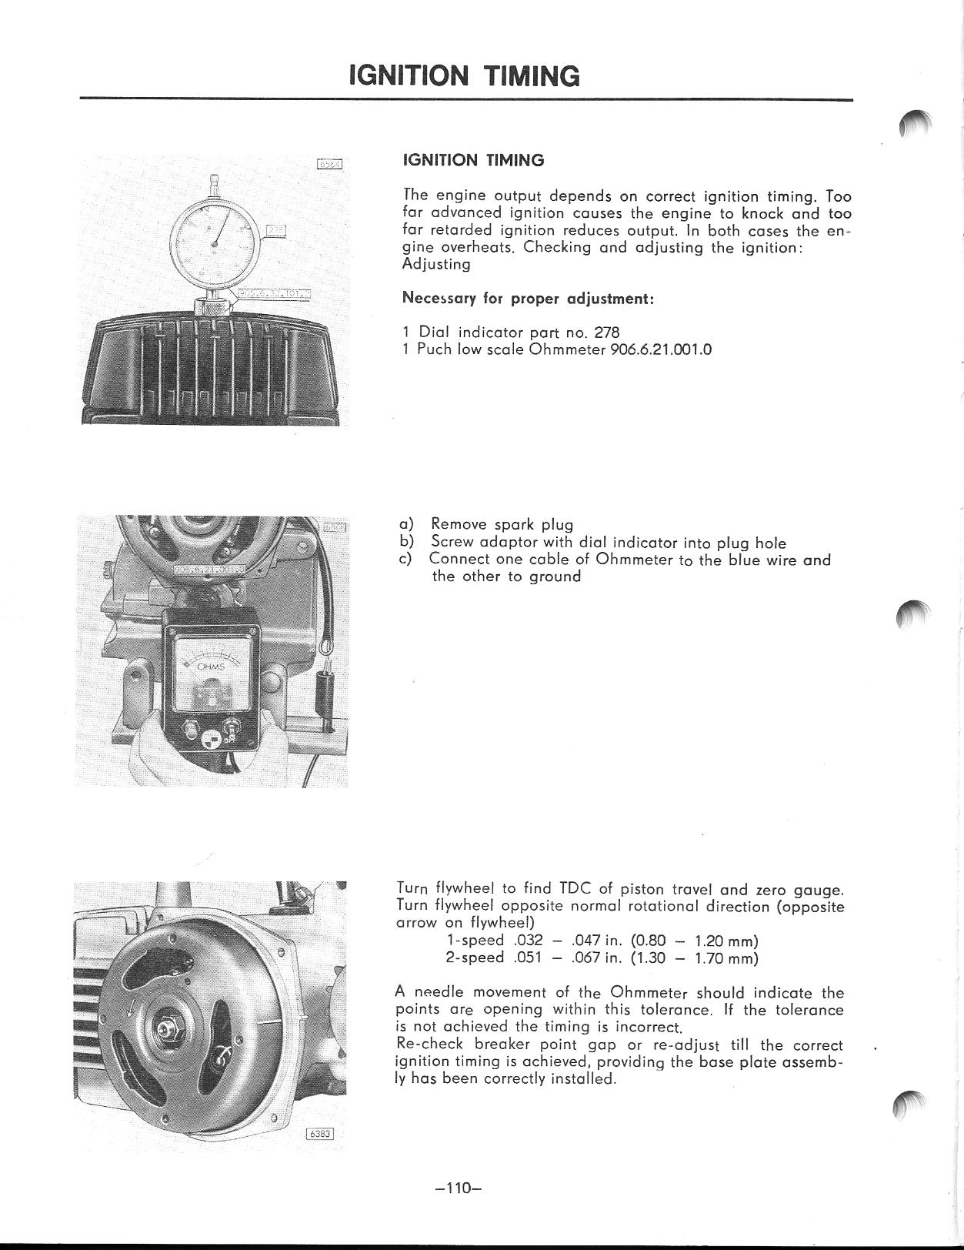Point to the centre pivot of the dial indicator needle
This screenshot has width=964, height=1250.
pos(215,244)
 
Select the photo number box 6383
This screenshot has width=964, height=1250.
pos(321,1133)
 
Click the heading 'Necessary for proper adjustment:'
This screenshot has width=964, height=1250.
pos(528,299)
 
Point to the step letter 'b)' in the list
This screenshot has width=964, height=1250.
pos(407,542)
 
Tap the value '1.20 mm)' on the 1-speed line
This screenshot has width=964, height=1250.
pos(726,941)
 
